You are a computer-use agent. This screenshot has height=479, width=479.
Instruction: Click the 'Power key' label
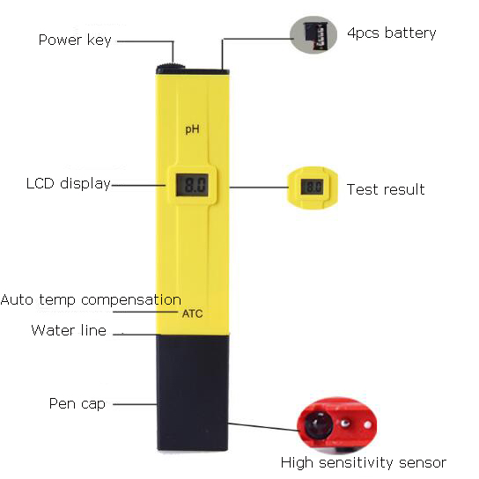pyautogui.click(x=75, y=40)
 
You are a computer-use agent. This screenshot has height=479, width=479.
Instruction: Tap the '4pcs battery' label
pyautogui.click(x=392, y=33)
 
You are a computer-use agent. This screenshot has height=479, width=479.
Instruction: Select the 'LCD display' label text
pyautogui.click(x=68, y=184)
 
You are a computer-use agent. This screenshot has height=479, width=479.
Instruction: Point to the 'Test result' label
pyautogui.click(x=386, y=189)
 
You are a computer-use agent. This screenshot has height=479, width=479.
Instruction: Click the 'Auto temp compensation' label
pyautogui.click(x=91, y=299)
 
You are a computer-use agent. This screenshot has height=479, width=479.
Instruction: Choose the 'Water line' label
pyautogui.click(x=69, y=330)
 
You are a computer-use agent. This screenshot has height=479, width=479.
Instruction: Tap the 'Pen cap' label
pyautogui.click(x=77, y=403)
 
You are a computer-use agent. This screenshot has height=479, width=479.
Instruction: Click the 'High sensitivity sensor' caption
pyautogui.click(x=364, y=463)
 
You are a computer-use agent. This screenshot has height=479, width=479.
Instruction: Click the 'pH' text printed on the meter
pyautogui.click(x=193, y=129)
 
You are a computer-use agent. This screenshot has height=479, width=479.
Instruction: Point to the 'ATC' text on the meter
pyautogui.click(x=193, y=313)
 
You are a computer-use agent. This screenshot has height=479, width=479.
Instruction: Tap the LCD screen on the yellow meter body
pyautogui.click(x=192, y=185)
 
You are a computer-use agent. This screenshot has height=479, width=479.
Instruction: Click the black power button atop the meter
pyautogui.click(x=171, y=68)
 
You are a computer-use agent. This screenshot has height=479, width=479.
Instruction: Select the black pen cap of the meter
pyautogui.click(x=193, y=393)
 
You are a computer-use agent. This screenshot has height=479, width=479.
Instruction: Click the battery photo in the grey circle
pyautogui.click(x=313, y=35)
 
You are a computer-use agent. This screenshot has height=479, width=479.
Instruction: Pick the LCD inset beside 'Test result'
pyautogui.click(x=313, y=188)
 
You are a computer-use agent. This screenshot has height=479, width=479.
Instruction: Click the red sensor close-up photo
pyautogui.click(x=337, y=424)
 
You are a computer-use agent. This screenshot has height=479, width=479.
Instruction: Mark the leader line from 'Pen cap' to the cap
pyautogui.click(x=135, y=404)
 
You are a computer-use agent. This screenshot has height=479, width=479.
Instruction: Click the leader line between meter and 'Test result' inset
pyautogui.click(x=259, y=188)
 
